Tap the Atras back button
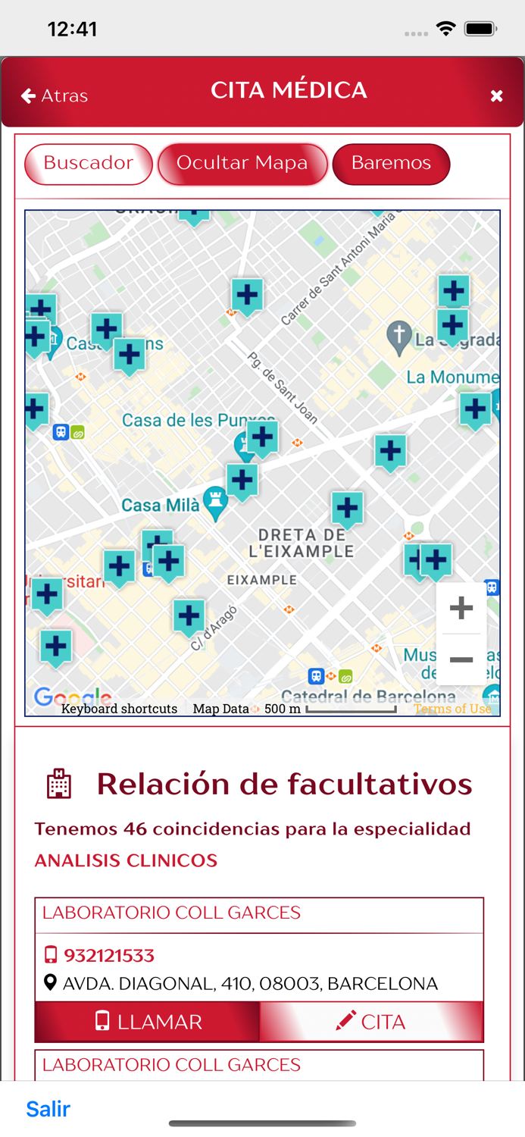click(x=55, y=96)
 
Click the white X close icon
click(x=496, y=96)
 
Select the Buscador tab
click(x=89, y=164)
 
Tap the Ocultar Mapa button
click(x=242, y=164)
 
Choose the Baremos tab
click(x=391, y=164)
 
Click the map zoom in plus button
click(x=461, y=608)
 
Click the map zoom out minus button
click(x=461, y=659)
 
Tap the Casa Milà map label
click(x=161, y=505)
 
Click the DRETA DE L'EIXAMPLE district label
click(x=302, y=543)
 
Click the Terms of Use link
click(x=452, y=709)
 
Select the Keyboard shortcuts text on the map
click(x=119, y=709)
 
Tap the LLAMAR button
click(x=148, y=1022)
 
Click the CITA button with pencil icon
click(x=371, y=1022)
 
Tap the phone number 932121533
click(x=108, y=955)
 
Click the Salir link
click(x=48, y=1109)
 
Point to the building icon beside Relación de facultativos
click(x=59, y=784)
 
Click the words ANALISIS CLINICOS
click(x=126, y=860)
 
